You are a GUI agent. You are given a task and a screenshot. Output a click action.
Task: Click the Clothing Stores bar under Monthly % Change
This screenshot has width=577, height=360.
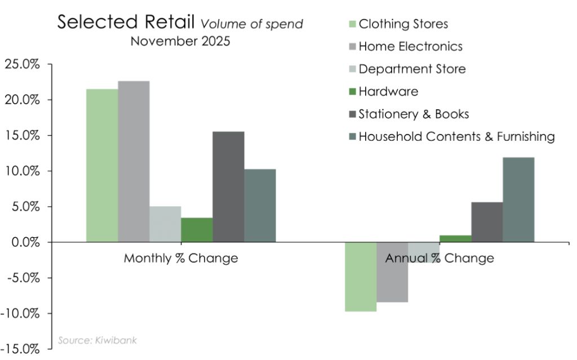point(103,166)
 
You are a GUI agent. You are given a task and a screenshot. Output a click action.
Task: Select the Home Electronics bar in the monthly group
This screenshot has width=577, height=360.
point(134,162)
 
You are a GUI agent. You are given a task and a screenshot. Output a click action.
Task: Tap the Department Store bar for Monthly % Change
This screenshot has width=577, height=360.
point(166,224)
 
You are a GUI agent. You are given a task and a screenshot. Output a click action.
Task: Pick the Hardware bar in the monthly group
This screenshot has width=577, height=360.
point(197,230)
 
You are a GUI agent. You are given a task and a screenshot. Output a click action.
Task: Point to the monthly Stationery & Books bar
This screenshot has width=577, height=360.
point(229,187)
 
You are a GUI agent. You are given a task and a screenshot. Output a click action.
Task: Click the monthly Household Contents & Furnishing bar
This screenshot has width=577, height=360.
point(260,206)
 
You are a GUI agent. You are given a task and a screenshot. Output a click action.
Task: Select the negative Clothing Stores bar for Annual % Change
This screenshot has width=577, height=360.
point(361,277)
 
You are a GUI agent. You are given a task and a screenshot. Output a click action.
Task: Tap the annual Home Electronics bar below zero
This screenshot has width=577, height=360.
point(392,272)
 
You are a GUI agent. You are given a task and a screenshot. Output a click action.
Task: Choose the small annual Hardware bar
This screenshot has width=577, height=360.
point(455,239)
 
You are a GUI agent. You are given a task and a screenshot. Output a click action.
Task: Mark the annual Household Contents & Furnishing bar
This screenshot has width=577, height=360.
point(518,200)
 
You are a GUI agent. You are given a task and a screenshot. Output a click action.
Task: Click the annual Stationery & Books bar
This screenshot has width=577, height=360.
point(487,223)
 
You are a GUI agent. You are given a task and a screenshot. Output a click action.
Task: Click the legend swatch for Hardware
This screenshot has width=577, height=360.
point(353,92)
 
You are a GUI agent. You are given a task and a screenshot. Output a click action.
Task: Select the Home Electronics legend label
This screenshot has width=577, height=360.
point(411,46)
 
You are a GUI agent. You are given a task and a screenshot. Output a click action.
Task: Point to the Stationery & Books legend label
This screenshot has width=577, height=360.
point(414,114)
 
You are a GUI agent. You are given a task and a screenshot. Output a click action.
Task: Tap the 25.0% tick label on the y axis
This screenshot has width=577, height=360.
point(22,64)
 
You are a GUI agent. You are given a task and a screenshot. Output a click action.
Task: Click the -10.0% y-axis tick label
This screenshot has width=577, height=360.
point(20,314)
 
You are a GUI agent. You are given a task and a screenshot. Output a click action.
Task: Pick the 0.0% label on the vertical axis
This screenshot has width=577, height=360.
point(26,243)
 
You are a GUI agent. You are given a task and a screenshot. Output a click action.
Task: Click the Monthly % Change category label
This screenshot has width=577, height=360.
point(181,258)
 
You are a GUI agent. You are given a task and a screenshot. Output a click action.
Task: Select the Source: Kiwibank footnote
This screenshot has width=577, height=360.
point(97,340)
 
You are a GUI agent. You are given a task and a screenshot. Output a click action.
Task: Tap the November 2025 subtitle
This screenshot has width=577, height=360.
point(180,41)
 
